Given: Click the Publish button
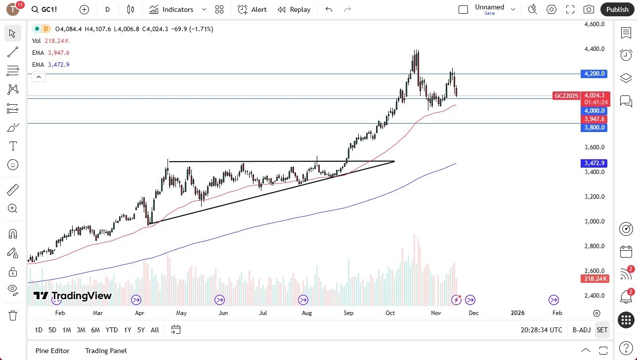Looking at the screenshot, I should point(617,9).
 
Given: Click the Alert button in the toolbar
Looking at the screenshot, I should point(252,9).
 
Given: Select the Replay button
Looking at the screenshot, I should point(294,9).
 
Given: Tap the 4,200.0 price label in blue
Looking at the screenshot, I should point(595,74).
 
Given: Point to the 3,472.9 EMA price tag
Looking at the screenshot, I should point(595,163).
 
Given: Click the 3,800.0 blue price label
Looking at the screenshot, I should point(595,128).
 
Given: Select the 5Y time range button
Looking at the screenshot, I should point(141,330).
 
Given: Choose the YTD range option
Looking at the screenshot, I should point(112,330).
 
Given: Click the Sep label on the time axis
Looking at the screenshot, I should point(348,313).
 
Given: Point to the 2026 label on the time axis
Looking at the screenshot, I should point(517,313).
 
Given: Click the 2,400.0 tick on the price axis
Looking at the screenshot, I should point(595,296).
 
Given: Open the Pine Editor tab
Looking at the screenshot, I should point(52,351).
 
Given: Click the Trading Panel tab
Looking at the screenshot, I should point(106,351).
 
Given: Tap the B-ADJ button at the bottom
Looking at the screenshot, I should point(581,330).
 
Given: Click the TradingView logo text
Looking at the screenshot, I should point(73,296).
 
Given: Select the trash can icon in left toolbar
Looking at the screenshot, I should point(13,315).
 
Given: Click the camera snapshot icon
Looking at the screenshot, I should point(589,9).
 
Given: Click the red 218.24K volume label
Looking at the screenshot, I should point(595,279).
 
